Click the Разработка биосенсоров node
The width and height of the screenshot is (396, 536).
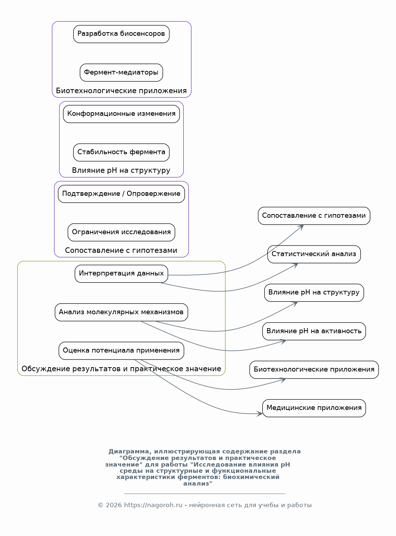121,34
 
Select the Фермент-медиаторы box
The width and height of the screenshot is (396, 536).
121,72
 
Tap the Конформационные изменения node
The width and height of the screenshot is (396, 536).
121,114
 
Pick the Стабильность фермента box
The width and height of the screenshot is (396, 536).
121,152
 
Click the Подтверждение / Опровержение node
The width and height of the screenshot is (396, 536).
121,194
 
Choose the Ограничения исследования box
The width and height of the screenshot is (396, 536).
121,232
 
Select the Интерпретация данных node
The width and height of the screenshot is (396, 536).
121,274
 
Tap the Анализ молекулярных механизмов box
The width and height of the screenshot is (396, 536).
121,312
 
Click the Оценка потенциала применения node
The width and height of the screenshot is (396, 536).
121,351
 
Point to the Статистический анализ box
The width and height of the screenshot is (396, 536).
314,254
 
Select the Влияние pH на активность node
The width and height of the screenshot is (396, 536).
314,331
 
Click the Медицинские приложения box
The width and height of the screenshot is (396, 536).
314,408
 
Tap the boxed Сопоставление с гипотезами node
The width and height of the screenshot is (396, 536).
314,216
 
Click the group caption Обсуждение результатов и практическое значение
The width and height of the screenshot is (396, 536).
121,369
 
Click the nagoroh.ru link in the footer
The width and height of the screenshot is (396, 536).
153,505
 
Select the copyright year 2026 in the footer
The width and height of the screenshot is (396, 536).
114,505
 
